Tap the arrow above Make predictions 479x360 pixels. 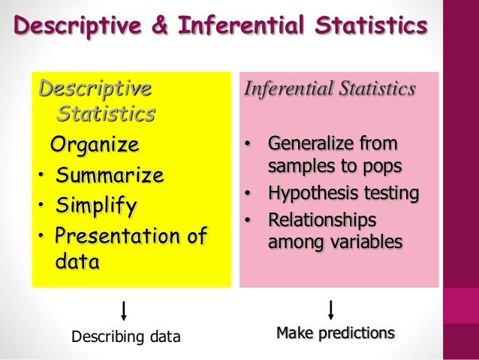click(x=330, y=309)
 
